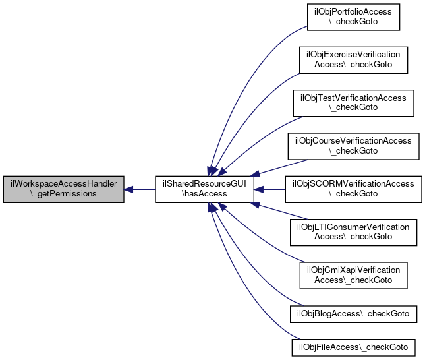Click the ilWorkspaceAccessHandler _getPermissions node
63,189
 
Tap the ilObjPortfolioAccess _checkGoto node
353,18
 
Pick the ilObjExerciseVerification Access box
353,60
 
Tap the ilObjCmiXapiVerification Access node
353,274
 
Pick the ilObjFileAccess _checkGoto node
353,346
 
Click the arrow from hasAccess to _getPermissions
139,189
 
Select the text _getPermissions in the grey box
63,194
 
